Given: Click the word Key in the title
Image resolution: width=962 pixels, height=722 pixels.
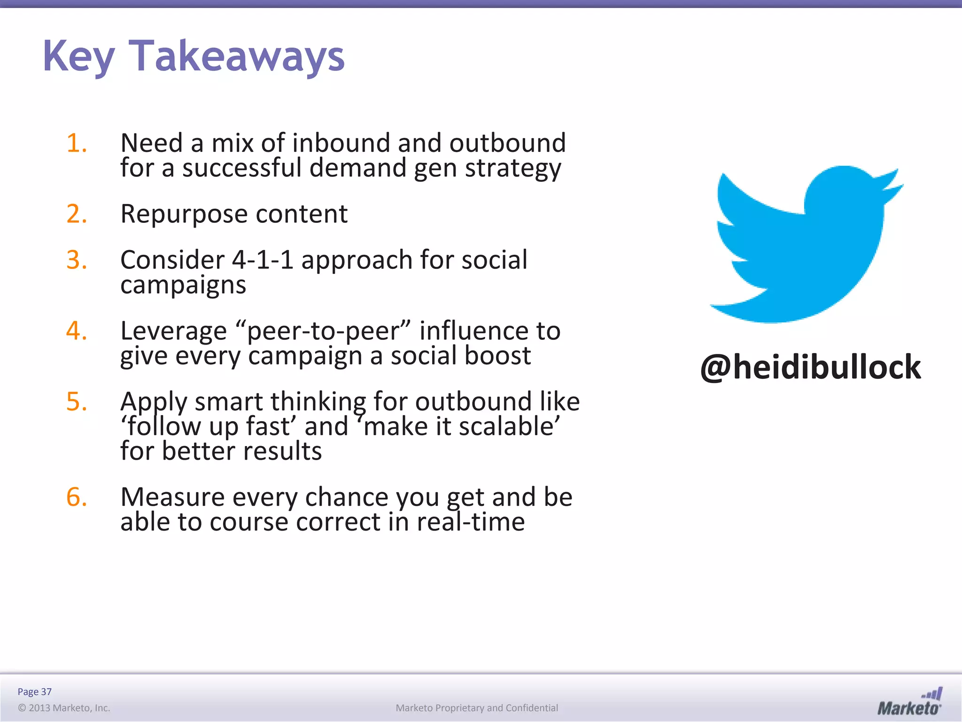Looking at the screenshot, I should [x=78, y=56].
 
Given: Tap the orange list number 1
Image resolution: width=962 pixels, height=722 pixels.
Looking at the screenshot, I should [x=77, y=143].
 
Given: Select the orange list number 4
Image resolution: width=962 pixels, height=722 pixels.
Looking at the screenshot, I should [x=77, y=330].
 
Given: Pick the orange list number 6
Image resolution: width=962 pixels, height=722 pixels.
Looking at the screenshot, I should [x=77, y=497].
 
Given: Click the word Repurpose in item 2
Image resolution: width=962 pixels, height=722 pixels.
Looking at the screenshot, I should [x=184, y=214].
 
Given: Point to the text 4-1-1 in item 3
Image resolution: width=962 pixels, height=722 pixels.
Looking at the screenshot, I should [x=263, y=260].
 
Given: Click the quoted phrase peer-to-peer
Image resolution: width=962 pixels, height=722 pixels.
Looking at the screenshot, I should [x=324, y=331].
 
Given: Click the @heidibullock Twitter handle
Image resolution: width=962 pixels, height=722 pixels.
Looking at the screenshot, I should [x=810, y=367].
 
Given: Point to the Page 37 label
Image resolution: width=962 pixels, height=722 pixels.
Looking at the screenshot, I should [x=35, y=691].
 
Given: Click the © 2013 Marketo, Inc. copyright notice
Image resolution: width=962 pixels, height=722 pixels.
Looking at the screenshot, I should [x=64, y=708].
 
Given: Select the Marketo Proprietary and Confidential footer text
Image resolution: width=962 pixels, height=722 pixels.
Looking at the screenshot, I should [x=477, y=708].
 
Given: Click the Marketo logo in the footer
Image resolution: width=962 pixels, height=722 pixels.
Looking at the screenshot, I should [x=909, y=702].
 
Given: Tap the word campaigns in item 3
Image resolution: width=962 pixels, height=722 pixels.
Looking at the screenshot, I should [x=183, y=285].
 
